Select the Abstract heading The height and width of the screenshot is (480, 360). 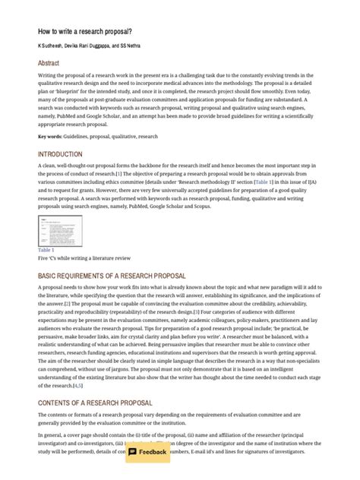coord(49,64)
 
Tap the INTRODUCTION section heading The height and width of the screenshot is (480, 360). coord(61,154)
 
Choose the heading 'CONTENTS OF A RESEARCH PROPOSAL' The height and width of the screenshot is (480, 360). coord(95,403)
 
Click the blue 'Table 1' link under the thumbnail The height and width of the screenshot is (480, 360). coord(46,249)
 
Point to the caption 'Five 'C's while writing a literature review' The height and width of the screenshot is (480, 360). coord(84,258)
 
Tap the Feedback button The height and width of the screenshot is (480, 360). coord(147,452)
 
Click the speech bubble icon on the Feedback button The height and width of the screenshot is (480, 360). coord(133,452)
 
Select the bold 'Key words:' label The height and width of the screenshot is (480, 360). coord(51,137)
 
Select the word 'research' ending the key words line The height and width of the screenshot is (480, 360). coord(148,137)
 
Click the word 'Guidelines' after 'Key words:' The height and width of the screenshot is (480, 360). coord(79,137)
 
